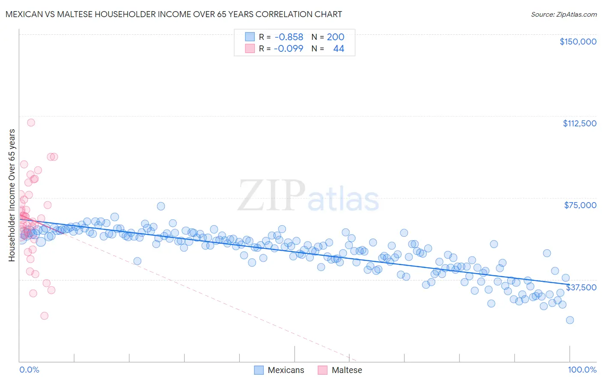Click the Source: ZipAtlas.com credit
click(563, 14)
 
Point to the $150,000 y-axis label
click(578, 42)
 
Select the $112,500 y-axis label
click(579, 123)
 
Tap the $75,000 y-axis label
click(580, 205)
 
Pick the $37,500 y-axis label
click(581, 287)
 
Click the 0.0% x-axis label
click(29, 370)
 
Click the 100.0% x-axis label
click(582, 370)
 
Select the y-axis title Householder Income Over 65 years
click(12, 195)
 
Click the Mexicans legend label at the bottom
click(286, 370)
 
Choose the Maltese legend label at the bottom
click(347, 370)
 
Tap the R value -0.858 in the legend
click(289, 37)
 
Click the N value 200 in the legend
click(335, 37)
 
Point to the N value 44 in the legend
click(338, 48)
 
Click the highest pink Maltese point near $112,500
click(31, 122)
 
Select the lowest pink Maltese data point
click(44, 316)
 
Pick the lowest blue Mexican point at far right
click(569, 320)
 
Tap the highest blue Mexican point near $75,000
click(161, 206)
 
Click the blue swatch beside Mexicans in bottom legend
click(259, 370)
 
